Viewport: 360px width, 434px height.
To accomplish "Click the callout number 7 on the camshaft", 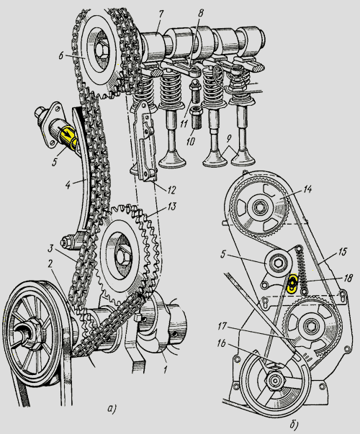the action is [x=161, y=14].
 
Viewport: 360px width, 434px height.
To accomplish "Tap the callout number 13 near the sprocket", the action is [x=171, y=207].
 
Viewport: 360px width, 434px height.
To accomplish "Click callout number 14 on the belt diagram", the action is [x=307, y=189].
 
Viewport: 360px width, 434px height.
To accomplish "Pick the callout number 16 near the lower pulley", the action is [x=222, y=343].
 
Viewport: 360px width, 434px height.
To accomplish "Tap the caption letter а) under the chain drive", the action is [x=112, y=409].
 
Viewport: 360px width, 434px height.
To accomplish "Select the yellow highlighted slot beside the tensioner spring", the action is [x=292, y=283].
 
